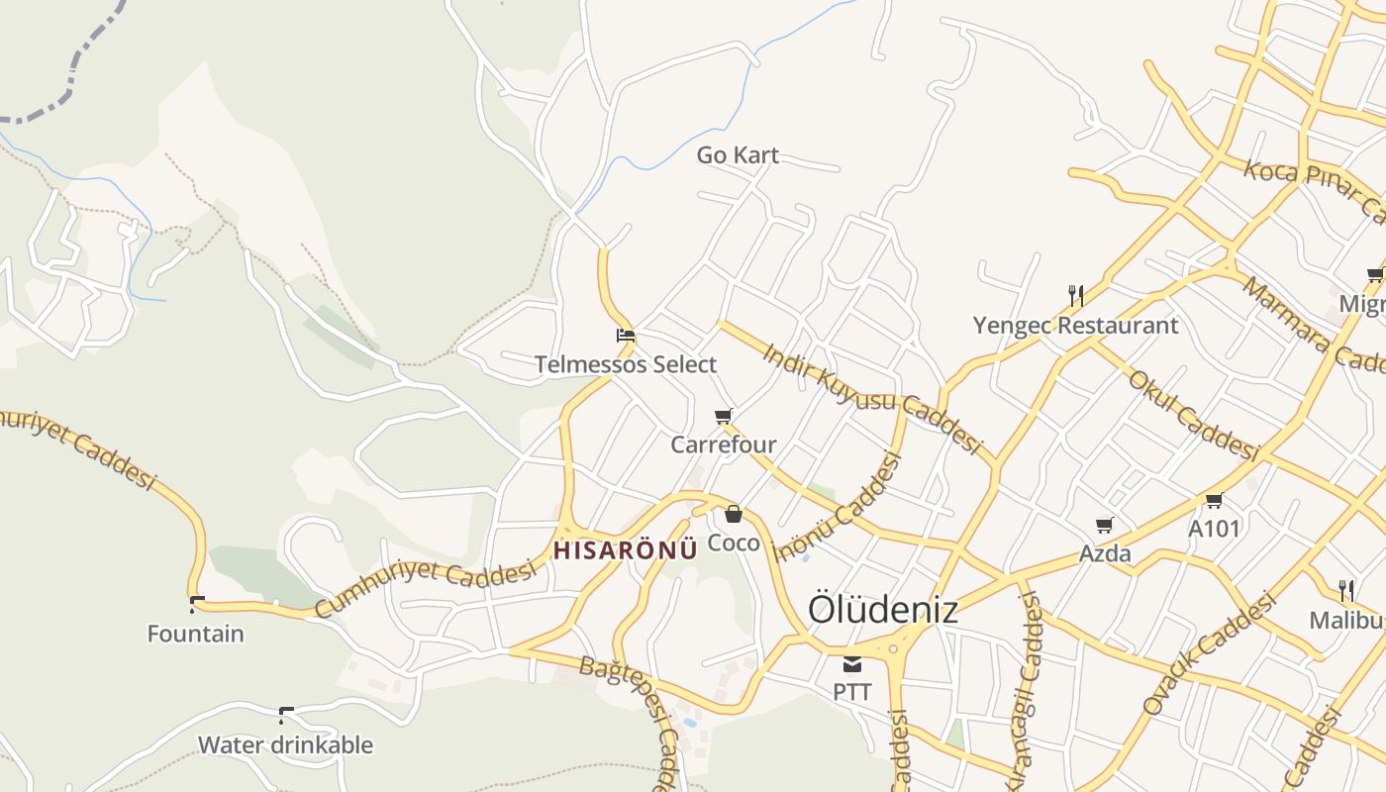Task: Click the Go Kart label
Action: coord(738,155)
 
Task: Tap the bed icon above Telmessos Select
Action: coord(625,335)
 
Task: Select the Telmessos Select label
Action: coord(626,364)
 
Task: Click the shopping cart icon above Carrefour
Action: coord(724,415)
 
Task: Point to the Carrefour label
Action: coord(724,445)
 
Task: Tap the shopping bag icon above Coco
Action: coord(734,513)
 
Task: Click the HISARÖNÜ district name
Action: coord(626,551)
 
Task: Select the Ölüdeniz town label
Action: coord(883,609)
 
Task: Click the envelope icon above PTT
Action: coord(852,663)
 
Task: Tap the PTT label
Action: coord(852,692)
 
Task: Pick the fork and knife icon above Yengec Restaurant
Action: coord(1076,295)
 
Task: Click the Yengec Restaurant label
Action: coord(1076,325)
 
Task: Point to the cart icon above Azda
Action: coord(1105,525)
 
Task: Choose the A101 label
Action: coord(1214,529)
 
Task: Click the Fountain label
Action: coord(196,634)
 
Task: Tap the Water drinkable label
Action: coord(286,744)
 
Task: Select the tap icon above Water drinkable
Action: coord(286,714)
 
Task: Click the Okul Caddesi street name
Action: coord(1193,416)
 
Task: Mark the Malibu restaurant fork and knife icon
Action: coord(1346,591)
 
